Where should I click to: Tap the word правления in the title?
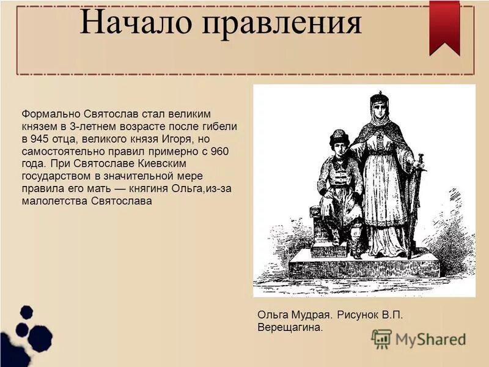[x=282, y=24]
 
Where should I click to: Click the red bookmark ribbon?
[x=444, y=24]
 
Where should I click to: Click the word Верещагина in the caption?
[x=289, y=328]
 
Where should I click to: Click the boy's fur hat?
[x=338, y=135]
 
